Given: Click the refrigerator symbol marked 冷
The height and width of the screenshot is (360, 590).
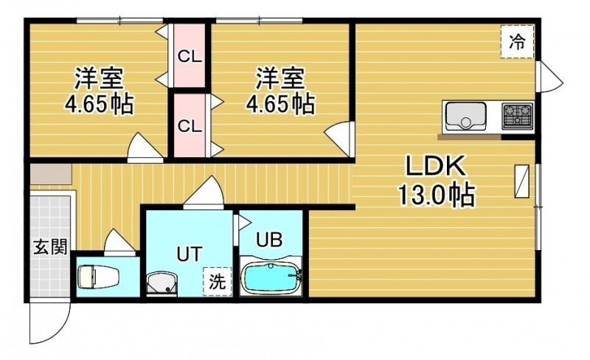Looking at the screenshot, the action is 517,41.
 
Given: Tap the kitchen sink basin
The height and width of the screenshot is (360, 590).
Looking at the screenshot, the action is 466,116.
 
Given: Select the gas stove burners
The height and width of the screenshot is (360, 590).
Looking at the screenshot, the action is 517,115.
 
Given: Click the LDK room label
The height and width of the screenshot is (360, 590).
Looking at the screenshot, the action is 435,166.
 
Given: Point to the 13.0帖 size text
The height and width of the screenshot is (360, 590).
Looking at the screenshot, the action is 435,195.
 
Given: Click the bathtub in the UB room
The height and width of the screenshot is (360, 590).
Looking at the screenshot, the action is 271,278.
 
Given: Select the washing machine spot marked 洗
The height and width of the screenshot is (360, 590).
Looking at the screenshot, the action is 217,281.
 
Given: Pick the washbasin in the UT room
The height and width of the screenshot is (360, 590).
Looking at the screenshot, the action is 162,282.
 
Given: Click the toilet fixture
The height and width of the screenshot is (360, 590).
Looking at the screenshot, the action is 98,277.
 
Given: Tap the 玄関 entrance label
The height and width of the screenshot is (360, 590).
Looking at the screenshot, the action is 50,247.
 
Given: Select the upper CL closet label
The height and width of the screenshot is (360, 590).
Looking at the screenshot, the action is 190,57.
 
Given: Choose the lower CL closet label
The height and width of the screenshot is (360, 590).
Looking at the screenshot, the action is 190,126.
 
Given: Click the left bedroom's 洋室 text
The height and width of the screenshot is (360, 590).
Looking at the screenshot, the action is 99,78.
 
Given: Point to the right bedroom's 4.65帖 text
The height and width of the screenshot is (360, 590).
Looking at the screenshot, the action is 280,104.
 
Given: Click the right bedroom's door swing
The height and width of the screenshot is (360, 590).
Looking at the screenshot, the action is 338,139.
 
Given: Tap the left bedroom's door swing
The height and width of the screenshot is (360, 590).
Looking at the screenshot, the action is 145,148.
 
